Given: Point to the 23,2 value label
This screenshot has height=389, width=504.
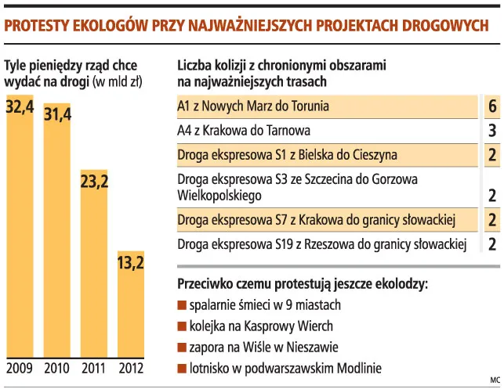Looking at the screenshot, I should point(94,181).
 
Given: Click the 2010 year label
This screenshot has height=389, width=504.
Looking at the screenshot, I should point(56,368).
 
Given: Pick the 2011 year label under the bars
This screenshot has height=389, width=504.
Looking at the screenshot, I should point(94,368).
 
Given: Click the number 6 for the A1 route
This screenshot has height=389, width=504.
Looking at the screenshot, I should point(491,106).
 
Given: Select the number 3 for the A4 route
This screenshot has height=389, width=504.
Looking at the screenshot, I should point(491,130).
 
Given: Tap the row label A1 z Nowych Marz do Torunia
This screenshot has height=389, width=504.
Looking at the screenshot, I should point(253,106).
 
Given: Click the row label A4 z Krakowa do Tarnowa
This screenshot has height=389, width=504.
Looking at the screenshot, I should point(245,130).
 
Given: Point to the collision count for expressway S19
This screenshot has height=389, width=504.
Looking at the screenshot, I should point(491,245).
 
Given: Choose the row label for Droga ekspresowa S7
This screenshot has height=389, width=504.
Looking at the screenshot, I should point(317,219).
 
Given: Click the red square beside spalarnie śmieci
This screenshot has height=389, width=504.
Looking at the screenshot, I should point(182,305).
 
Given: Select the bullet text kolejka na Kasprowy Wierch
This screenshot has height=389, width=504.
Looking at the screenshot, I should point(261,326).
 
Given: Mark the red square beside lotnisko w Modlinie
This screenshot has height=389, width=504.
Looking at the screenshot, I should point(182,369).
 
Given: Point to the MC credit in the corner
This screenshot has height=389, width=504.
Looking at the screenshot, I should point(492,380).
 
